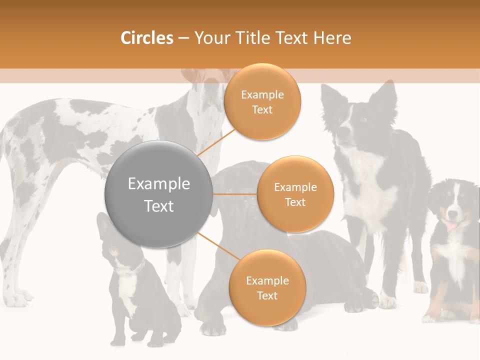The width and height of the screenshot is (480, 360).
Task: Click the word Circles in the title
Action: pyautogui.click(x=147, y=38)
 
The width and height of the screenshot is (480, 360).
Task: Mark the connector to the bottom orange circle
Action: pyautogui.click(x=218, y=245)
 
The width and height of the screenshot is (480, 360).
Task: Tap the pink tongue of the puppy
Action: pyautogui.click(x=451, y=225)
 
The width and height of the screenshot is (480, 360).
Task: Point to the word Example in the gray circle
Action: pyautogui.click(x=159, y=184)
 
